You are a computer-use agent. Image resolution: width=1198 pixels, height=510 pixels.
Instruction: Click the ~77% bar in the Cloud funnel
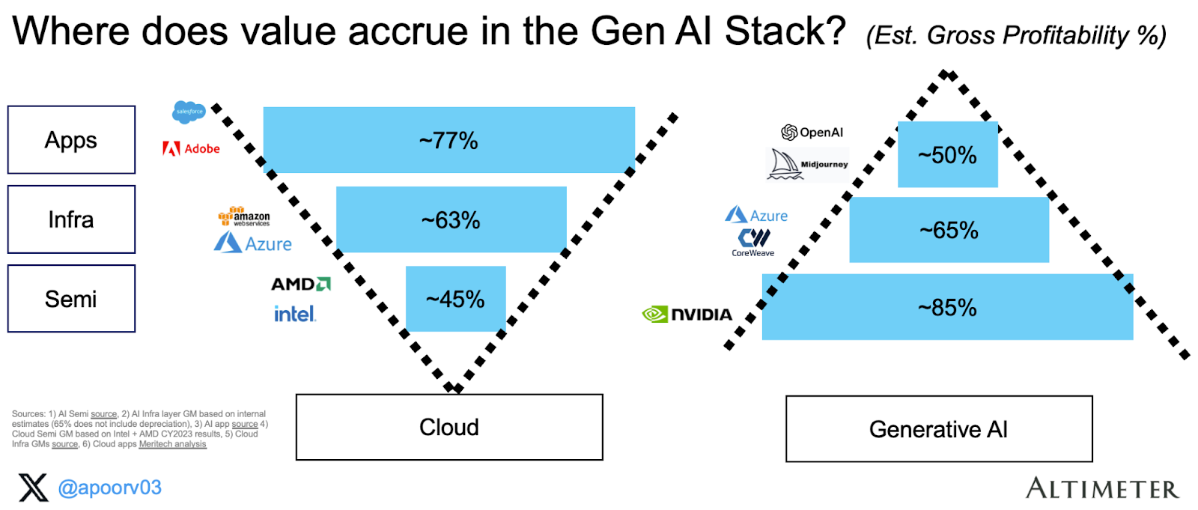(x=449, y=140)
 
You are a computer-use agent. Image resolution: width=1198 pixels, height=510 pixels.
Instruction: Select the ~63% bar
(x=451, y=219)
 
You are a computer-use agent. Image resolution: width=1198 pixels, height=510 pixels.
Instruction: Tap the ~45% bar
(x=455, y=299)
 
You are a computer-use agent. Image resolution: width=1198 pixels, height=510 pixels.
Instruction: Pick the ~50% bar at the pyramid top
(x=947, y=155)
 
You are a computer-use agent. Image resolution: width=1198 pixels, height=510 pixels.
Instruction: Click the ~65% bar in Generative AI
(x=949, y=230)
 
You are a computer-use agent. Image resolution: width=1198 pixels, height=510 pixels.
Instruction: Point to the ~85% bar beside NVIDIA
(x=947, y=307)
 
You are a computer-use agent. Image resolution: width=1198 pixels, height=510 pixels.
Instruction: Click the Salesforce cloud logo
(x=189, y=112)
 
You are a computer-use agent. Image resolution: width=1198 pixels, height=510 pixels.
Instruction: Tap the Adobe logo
(x=192, y=148)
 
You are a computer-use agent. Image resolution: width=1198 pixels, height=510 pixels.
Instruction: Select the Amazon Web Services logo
(x=244, y=216)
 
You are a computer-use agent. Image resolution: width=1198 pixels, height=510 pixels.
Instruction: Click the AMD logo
(x=300, y=284)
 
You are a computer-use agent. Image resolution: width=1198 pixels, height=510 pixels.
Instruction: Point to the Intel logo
(x=295, y=314)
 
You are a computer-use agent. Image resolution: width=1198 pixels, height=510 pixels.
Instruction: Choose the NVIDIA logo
(x=687, y=315)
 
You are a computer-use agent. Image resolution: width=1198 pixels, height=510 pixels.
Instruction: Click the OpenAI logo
(x=812, y=133)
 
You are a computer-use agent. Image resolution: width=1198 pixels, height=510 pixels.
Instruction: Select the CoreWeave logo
(x=753, y=242)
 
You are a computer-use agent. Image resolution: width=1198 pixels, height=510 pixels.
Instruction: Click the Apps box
(x=71, y=140)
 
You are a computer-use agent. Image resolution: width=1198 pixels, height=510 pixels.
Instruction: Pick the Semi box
(x=71, y=299)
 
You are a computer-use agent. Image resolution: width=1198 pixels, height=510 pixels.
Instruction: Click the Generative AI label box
(x=938, y=429)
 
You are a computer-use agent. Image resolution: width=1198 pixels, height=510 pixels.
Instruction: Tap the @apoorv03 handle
(x=109, y=488)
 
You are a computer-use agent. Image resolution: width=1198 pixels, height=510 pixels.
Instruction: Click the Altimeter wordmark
(x=1101, y=488)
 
